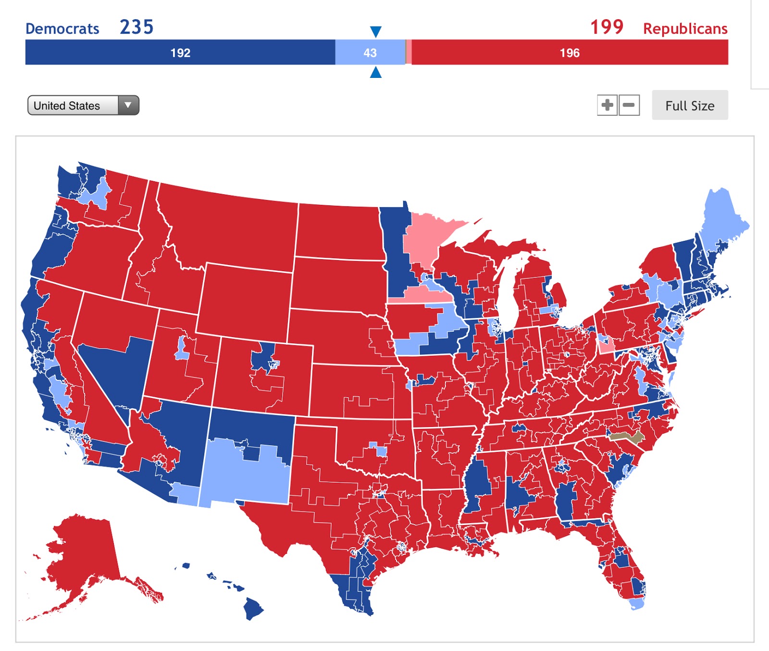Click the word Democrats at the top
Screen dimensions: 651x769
(62, 29)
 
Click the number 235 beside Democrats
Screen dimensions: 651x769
(136, 27)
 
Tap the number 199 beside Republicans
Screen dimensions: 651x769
(607, 27)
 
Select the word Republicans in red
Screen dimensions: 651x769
(685, 29)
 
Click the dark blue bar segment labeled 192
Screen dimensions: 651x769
(180, 52)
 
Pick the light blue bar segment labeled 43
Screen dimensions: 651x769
(370, 52)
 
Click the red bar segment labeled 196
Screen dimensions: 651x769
(570, 52)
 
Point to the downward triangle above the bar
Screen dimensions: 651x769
(376, 32)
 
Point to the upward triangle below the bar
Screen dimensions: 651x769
(376, 73)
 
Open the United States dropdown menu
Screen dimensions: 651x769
(83, 105)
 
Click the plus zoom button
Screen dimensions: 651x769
(608, 105)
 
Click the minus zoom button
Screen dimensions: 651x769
(629, 105)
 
